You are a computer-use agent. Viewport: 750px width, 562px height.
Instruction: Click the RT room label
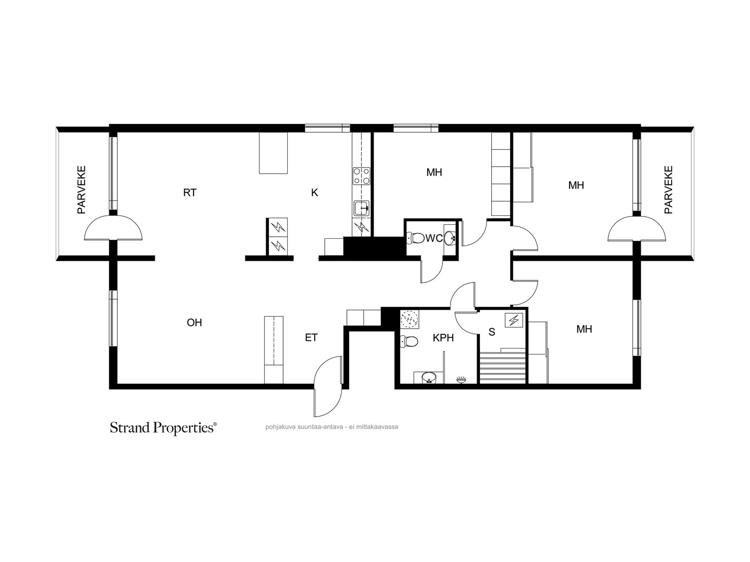coord(190,193)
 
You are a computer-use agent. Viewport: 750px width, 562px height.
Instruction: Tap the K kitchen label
coord(315,193)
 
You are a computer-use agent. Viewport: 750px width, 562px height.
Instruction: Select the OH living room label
coord(194,323)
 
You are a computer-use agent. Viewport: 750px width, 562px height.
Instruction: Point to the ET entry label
coord(311,338)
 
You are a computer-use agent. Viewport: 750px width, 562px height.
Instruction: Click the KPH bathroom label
coord(443,338)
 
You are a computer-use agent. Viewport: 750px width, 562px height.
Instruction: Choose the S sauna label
coord(492,332)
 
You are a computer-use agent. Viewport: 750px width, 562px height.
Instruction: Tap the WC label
coord(434,238)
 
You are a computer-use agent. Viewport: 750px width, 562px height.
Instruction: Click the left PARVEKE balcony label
coord(81,190)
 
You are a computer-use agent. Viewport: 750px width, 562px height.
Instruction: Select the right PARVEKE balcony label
coord(668,190)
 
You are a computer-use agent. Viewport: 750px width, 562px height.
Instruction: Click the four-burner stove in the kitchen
coord(361,176)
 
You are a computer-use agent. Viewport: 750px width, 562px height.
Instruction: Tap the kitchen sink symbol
coord(361,208)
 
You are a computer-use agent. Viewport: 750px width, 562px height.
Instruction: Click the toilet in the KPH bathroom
coord(409,341)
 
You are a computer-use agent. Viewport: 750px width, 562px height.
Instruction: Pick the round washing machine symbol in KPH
coord(409,319)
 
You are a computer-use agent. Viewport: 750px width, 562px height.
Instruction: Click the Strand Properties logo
coord(163,428)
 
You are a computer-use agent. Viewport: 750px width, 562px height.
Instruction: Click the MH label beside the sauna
coord(584,329)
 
